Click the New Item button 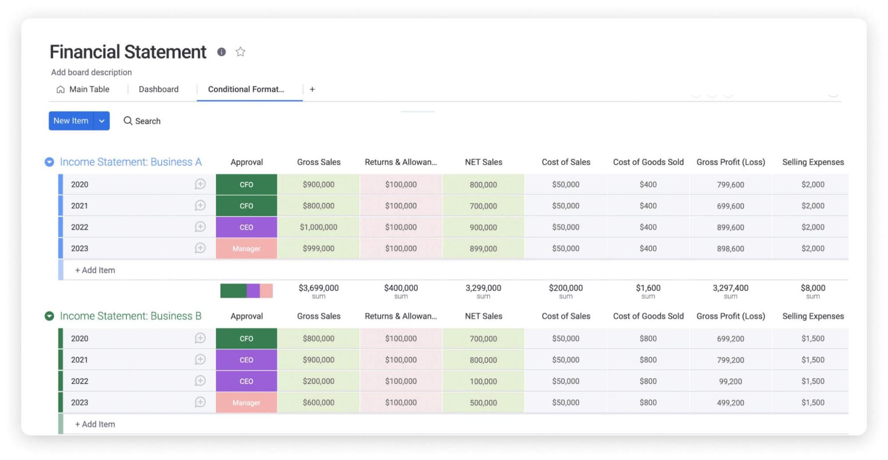pyautogui.click(x=71, y=121)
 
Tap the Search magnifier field pyautogui.click(x=142, y=121)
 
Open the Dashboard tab pyautogui.click(x=158, y=89)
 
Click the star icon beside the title pyautogui.click(x=240, y=52)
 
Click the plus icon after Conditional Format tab pyautogui.click(x=312, y=89)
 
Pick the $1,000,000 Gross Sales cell pyautogui.click(x=318, y=227)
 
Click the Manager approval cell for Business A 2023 pyautogui.click(x=246, y=248)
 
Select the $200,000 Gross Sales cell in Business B pyautogui.click(x=318, y=381)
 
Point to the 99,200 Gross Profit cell pyautogui.click(x=730, y=381)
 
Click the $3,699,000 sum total pyautogui.click(x=318, y=288)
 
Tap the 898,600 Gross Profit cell pyautogui.click(x=730, y=248)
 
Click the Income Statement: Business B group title pyautogui.click(x=131, y=316)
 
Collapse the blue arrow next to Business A pyautogui.click(x=49, y=162)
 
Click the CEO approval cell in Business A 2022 pyautogui.click(x=246, y=227)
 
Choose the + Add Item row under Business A pyautogui.click(x=95, y=270)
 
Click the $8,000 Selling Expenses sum pyautogui.click(x=812, y=288)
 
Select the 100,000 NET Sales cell pyautogui.click(x=483, y=381)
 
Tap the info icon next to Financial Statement pyautogui.click(x=221, y=52)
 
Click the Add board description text pyautogui.click(x=92, y=72)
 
